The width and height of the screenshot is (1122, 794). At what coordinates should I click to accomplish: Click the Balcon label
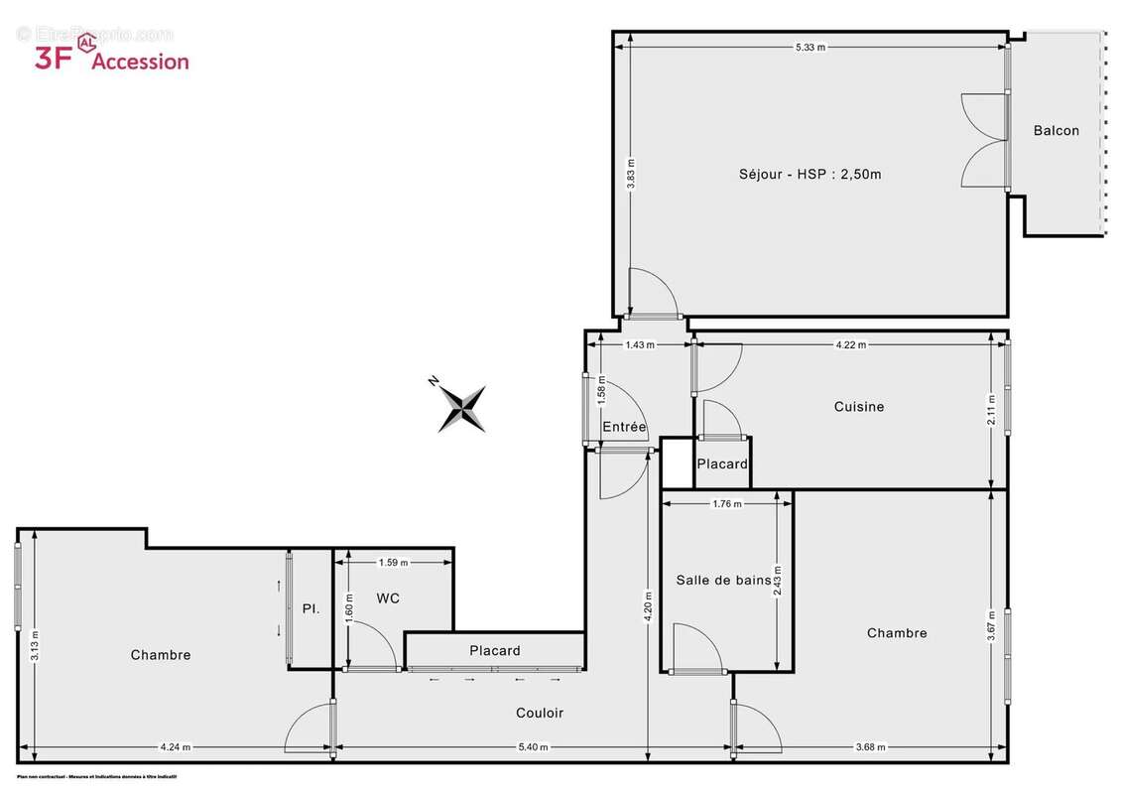click(1056, 130)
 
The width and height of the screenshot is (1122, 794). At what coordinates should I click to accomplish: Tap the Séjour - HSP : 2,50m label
click(810, 174)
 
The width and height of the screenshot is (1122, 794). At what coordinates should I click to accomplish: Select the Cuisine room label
click(858, 406)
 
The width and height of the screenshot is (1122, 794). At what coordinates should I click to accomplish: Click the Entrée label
click(624, 427)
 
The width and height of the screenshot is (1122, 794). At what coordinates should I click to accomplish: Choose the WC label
click(388, 597)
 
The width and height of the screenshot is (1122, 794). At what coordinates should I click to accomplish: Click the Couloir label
click(540, 713)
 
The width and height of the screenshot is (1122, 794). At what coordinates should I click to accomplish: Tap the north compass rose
click(461, 408)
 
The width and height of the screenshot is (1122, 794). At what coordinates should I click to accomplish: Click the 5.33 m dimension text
click(810, 47)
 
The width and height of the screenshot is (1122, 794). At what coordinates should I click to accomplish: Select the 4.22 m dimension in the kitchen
click(850, 345)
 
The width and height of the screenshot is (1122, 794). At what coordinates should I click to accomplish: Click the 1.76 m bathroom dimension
click(727, 504)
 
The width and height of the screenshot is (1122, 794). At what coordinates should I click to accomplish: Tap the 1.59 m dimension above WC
click(393, 563)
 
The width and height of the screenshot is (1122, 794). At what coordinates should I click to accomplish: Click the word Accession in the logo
click(140, 61)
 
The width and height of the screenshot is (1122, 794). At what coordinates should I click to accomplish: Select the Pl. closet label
click(311, 608)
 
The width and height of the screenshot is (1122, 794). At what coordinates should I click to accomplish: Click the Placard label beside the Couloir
click(494, 651)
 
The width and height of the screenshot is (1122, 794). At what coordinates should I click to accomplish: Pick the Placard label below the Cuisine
click(721, 463)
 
